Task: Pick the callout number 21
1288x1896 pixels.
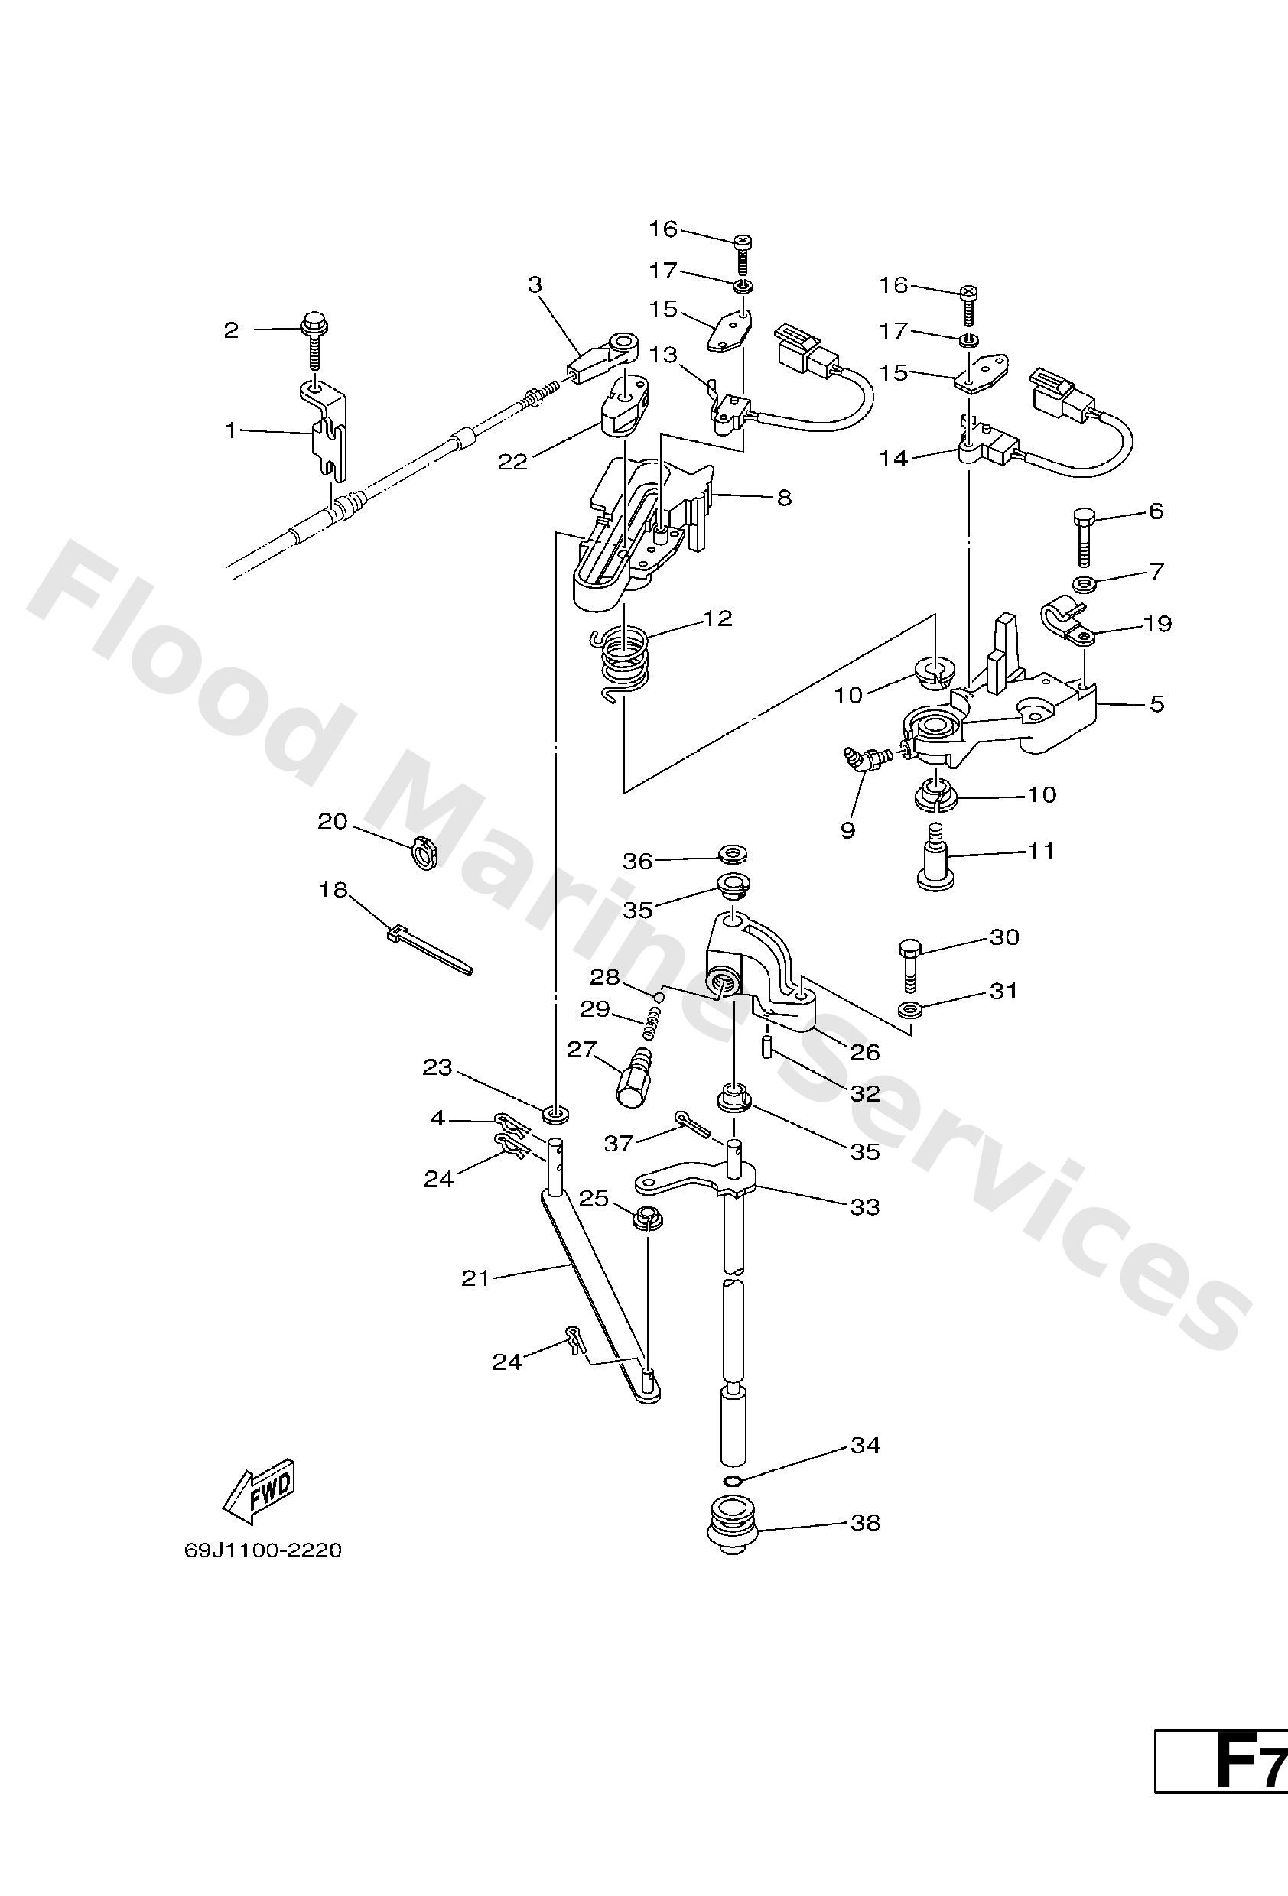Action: (475, 1278)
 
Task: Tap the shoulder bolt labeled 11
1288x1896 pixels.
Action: (938, 865)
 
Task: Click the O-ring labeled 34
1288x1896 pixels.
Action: (732, 1481)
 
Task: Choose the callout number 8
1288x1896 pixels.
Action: (783, 497)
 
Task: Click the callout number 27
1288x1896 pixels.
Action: (582, 1049)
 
